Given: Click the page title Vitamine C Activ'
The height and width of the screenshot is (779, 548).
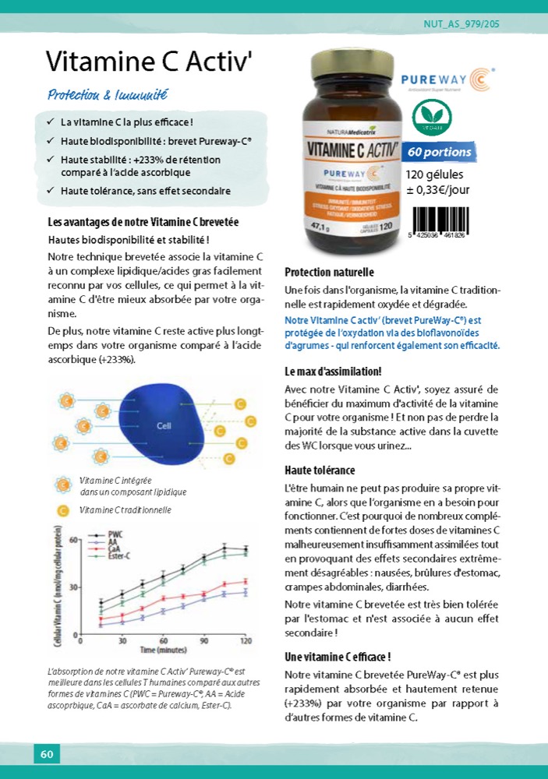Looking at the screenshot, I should point(150,60).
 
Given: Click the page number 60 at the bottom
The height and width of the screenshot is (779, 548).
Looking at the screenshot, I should point(46,753).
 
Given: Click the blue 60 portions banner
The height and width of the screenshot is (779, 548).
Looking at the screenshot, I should point(440,152).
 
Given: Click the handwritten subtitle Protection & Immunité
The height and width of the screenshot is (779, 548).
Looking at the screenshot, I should point(108,96).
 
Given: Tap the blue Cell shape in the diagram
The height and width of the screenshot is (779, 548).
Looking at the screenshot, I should point(163,425).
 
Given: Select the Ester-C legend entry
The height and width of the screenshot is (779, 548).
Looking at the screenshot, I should point(118,555).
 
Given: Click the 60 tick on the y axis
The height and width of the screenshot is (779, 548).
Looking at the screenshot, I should point(72,540).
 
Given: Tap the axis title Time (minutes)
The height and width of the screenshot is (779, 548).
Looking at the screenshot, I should point(163,650).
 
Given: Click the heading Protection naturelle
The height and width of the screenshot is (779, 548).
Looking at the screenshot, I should point(329,272).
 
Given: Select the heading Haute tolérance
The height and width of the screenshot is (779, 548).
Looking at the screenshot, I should point(320,471).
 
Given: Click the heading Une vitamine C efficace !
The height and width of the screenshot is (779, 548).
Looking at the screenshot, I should point(338,657).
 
